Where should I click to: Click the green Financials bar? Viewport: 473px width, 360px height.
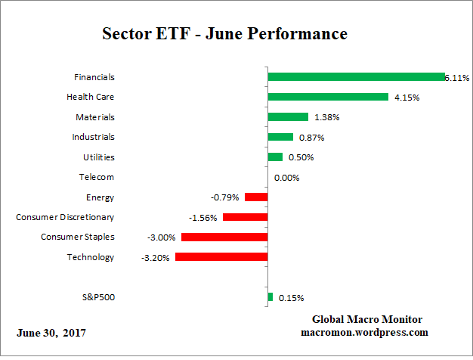(356, 77)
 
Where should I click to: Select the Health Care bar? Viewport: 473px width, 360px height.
(328, 97)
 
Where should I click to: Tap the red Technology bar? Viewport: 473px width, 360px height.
(221, 257)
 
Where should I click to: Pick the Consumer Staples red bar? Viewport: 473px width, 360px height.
(224, 237)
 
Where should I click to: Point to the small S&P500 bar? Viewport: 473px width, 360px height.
(271, 297)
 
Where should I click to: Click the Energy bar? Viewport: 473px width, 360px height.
(256, 197)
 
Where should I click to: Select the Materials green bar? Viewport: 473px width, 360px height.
(288, 117)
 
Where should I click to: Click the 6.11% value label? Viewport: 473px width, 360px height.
(456, 77)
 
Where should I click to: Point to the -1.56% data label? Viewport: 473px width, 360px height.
(204, 218)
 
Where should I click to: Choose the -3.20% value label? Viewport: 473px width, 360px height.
(156, 257)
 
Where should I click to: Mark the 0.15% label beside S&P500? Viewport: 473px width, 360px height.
(292, 298)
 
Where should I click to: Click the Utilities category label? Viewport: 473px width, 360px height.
(98, 157)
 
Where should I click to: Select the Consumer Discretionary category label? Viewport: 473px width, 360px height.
(65, 217)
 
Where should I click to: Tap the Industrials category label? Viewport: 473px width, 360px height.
(94, 137)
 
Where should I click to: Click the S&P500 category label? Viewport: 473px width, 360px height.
(97, 297)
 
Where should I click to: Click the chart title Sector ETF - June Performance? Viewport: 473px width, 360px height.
(224, 35)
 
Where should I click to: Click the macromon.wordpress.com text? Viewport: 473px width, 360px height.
(364, 332)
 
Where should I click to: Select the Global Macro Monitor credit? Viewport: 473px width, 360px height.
(366, 319)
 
